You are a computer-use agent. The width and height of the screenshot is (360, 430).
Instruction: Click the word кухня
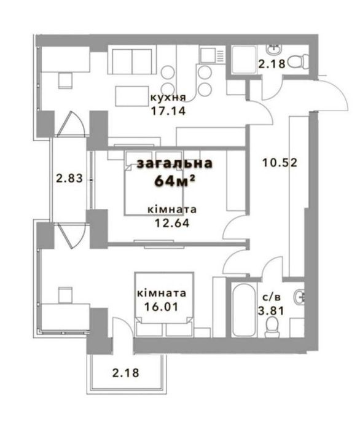[168, 97]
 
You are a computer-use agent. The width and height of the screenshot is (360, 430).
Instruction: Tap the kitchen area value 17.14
[168, 111]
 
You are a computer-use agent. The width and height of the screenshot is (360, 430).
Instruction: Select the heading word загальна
[174, 163]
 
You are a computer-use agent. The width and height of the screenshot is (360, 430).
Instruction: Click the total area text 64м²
[174, 181]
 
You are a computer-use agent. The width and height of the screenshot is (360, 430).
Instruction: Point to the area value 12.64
[172, 223]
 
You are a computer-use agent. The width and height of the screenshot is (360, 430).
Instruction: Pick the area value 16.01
[161, 307]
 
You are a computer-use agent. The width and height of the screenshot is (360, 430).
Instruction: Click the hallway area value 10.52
[280, 163]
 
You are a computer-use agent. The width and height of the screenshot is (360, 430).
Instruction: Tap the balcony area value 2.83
[69, 179]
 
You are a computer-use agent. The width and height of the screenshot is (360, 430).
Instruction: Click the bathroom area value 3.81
[271, 311]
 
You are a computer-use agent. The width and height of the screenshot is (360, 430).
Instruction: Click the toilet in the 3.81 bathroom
[272, 327]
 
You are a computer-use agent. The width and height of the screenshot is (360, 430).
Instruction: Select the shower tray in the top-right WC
[244, 60]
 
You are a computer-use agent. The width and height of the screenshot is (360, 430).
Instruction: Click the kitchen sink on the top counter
[208, 55]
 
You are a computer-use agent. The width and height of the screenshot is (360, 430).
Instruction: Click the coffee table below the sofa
[132, 96]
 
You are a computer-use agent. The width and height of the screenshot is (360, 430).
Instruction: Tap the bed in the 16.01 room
[164, 305]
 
